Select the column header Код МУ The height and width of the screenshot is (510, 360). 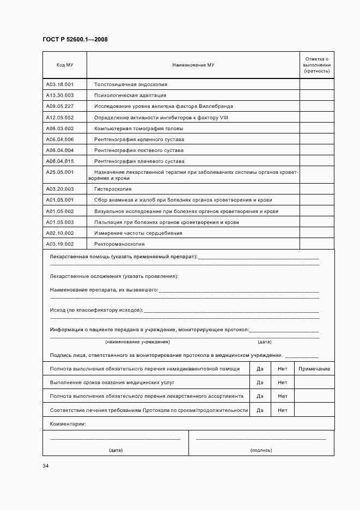[65, 65]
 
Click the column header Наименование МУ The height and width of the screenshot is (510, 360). [193, 65]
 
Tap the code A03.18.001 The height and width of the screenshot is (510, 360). [60, 84]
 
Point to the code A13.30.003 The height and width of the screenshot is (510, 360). [60, 95]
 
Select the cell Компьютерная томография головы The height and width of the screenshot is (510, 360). [138, 129]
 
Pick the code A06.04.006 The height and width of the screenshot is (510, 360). [60, 139]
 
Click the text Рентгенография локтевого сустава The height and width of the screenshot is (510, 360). [138, 150]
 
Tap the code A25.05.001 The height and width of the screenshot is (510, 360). [60, 172]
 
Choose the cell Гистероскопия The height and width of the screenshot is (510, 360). [113, 189]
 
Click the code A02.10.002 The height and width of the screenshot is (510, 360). [60, 233]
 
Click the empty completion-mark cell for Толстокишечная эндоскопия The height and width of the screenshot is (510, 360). [316, 84]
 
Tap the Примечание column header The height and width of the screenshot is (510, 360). [314, 369]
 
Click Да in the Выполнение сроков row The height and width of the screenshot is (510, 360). [260, 382]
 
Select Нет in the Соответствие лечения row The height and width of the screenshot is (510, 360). [282, 410]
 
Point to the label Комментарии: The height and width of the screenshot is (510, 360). [68, 424]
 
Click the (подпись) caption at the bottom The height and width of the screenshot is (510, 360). [261, 451]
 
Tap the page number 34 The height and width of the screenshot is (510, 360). [46, 466]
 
